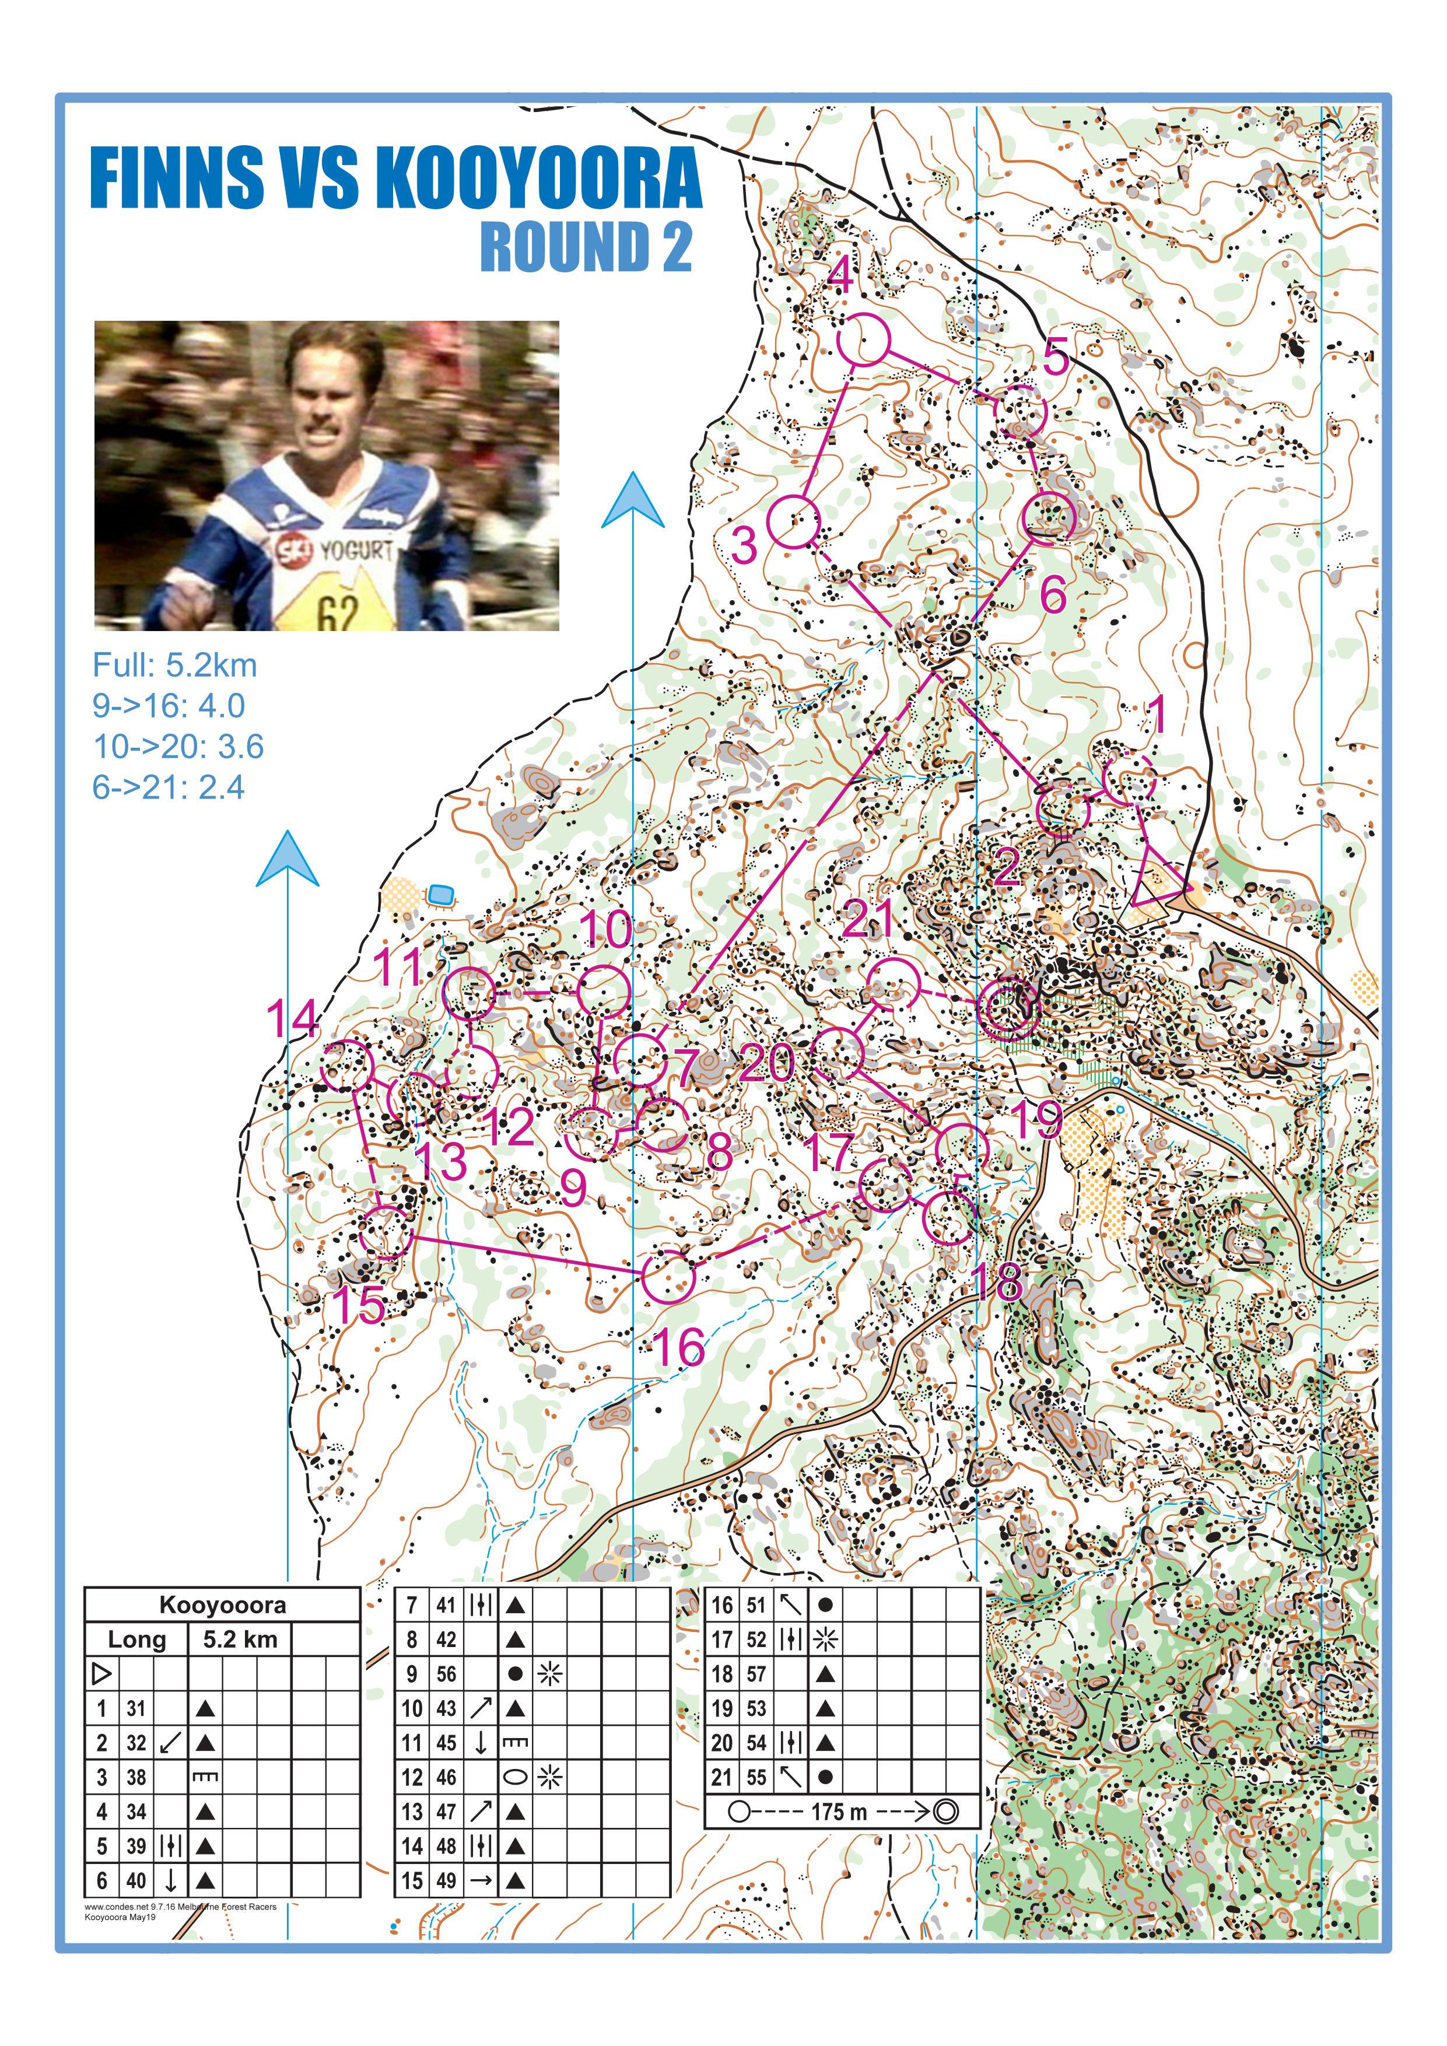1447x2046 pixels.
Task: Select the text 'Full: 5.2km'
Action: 174,665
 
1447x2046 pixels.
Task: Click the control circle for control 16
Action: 668,1276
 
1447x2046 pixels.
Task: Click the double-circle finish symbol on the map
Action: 1008,1006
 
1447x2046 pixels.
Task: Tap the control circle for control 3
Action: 793,522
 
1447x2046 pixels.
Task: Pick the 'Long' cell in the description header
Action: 136,1639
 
